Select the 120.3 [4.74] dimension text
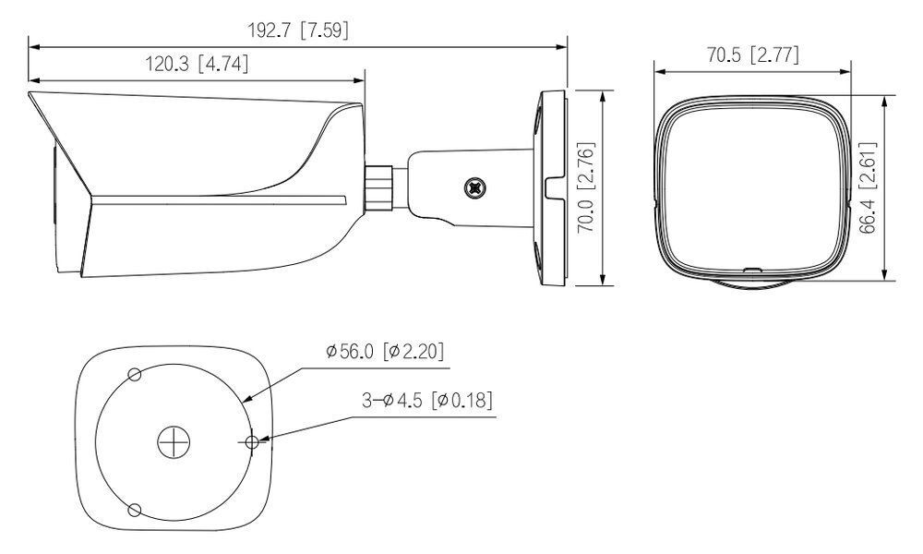tap(197, 65)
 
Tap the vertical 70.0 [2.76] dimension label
tap(584, 188)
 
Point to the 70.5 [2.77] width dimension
tap(752, 55)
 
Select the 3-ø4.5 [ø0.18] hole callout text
tap(426, 400)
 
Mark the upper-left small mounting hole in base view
tap(135, 374)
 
